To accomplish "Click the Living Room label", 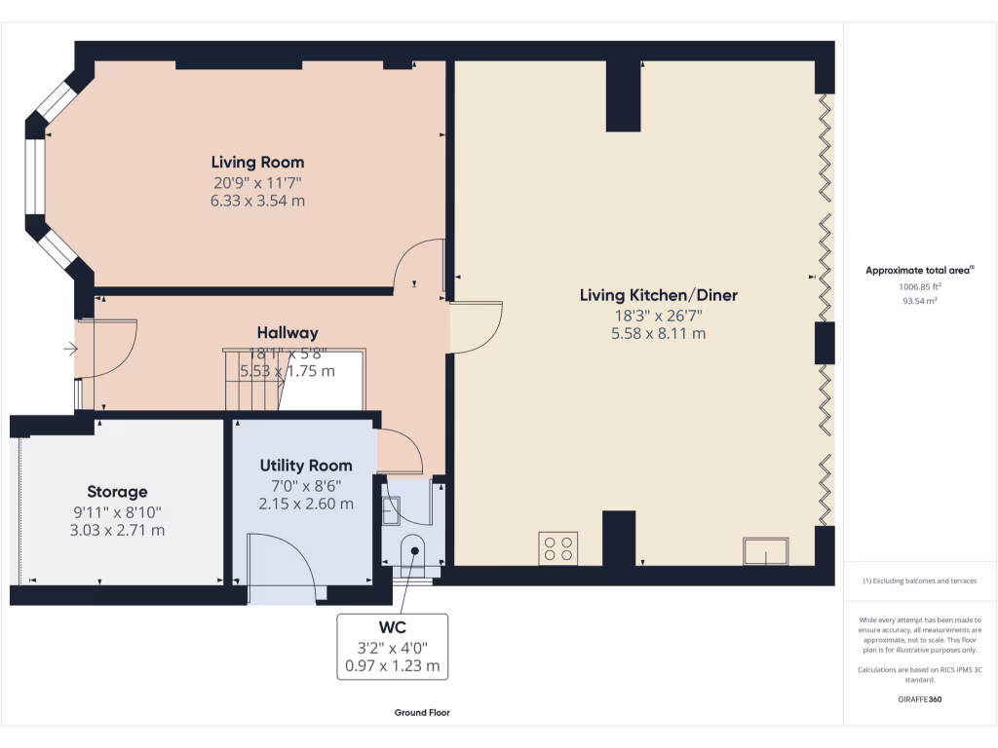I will click(x=257, y=163).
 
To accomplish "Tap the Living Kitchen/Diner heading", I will click(x=658, y=295).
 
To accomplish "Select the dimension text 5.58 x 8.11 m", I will click(x=658, y=333).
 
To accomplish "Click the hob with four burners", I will click(x=558, y=547).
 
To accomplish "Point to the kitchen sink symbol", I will click(x=766, y=551).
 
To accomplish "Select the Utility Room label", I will click(x=305, y=466).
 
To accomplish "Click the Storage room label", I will click(x=117, y=492).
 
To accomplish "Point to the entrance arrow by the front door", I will click(x=70, y=348).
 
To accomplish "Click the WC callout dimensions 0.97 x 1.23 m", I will click(x=392, y=667).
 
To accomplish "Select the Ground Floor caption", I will click(x=422, y=713).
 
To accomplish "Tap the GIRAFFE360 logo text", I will click(x=920, y=699).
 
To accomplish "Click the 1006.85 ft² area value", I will click(x=919, y=287).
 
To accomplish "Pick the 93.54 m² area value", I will click(x=919, y=301).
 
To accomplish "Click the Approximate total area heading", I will click(x=919, y=270).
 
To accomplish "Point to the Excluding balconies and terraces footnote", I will click(x=919, y=581).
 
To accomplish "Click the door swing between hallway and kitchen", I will click(x=476, y=327).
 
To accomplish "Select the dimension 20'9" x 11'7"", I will click(x=257, y=182).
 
